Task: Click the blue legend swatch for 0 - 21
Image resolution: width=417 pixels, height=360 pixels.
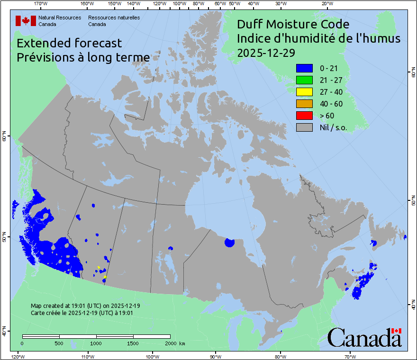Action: point(304,69)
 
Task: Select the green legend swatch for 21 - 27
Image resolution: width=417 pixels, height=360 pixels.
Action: point(304,80)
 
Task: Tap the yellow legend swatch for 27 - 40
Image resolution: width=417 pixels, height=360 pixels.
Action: point(304,92)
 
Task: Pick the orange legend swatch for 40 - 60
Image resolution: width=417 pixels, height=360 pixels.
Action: point(304,104)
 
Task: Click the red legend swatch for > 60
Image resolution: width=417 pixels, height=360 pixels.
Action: point(304,116)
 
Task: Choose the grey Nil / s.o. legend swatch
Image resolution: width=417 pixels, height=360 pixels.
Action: point(304,127)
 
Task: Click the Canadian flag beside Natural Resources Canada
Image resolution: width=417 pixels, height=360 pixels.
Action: point(26,20)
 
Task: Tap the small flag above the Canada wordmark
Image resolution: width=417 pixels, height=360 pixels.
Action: point(396,330)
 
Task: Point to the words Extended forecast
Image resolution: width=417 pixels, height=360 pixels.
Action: point(69,43)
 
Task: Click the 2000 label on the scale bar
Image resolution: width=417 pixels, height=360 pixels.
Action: point(170,343)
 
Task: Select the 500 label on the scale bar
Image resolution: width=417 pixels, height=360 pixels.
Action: point(59,343)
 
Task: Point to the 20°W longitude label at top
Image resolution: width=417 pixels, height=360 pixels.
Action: point(326,4)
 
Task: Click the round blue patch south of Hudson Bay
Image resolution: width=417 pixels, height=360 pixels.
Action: point(229,243)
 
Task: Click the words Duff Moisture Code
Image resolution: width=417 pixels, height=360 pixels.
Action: point(293,24)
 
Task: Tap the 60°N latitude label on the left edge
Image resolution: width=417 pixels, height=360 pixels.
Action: point(4,138)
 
